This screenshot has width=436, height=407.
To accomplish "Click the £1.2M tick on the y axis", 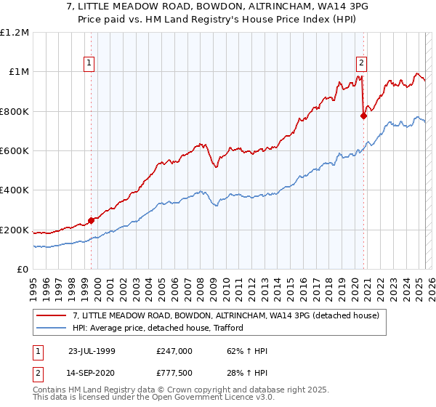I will click(14, 32).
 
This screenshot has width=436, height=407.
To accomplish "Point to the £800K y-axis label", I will click(14, 111).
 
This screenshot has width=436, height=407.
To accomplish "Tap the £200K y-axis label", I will click(14, 230).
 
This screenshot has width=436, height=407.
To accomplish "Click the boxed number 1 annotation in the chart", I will click(89, 63).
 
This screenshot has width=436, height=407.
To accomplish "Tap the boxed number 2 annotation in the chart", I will click(361, 63).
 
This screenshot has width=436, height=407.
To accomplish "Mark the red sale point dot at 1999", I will click(92, 220).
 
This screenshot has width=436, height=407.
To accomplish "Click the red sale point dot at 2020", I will click(364, 115).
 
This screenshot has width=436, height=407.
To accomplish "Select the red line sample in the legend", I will click(52, 316).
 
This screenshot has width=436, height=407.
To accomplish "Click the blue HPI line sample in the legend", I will click(52, 328).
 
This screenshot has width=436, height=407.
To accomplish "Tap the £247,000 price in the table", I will click(174, 351).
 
